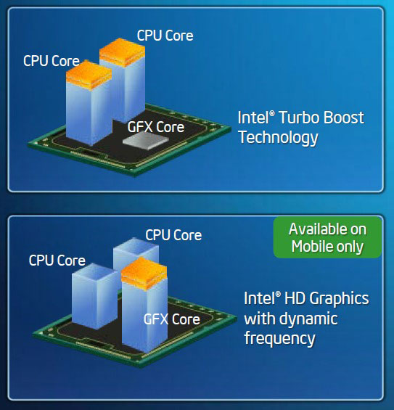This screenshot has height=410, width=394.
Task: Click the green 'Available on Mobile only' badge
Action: [x=327, y=237]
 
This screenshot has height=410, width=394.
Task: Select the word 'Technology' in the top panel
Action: [x=278, y=138]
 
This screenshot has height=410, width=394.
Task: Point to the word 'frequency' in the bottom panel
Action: [x=279, y=338]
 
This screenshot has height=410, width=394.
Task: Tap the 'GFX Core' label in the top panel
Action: [x=156, y=127]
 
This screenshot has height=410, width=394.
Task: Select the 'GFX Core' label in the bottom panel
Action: [x=172, y=319]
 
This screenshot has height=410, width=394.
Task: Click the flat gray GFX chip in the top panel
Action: [x=145, y=141]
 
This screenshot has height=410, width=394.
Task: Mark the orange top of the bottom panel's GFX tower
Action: [x=144, y=274]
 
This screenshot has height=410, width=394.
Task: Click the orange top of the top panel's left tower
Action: [x=89, y=75]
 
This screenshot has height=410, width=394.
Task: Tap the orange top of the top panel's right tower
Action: [x=122, y=52]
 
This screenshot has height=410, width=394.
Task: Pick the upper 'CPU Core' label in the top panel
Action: [x=165, y=36]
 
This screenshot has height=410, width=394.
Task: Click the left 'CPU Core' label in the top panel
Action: [x=52, y=61]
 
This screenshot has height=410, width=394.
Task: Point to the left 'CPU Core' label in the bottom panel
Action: [x=57, y=261]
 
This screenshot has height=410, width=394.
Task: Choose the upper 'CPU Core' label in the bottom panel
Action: [x=173, y=235]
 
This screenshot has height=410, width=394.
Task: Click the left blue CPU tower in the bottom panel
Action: [x=94, y=296]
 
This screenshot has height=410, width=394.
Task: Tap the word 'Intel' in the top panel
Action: [x=253, y=118]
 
